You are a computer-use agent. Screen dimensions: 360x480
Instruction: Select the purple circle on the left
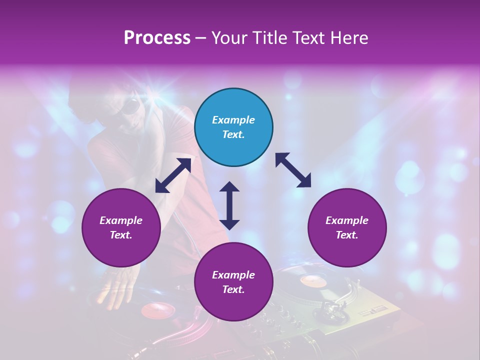121,227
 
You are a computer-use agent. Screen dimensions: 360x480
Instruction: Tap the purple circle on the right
347,227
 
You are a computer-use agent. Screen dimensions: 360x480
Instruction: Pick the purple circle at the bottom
233,282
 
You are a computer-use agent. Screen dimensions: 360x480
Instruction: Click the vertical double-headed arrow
229,205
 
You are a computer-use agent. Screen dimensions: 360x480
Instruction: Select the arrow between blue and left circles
173,175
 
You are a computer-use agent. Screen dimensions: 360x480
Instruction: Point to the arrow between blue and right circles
293,170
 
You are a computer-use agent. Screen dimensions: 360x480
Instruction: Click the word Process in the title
157,37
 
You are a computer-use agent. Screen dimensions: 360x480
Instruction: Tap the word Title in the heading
270,37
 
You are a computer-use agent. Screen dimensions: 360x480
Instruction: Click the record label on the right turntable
313,281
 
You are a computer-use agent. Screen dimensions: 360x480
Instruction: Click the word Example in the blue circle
233,120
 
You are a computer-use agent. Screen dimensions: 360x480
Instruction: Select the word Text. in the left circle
121,235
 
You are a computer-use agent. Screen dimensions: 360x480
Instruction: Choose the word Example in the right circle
347,220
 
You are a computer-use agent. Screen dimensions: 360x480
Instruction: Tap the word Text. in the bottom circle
233,289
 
